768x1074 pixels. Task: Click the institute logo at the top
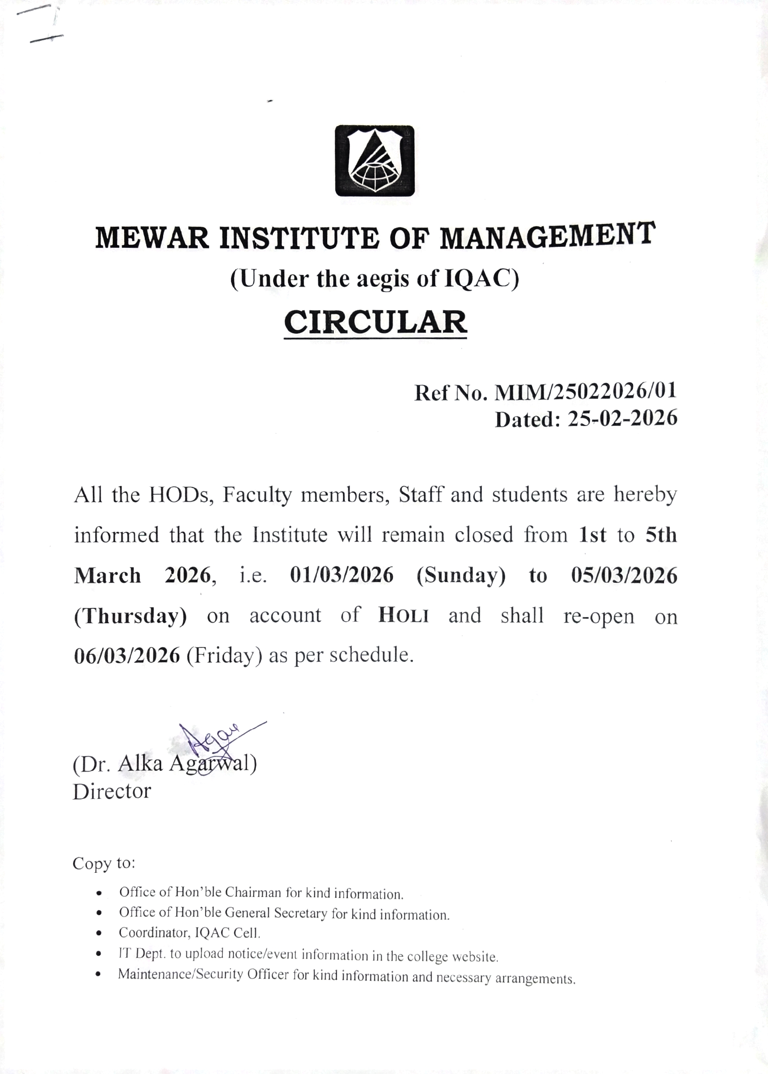click(374, 161)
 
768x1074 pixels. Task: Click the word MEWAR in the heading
click(152, 238)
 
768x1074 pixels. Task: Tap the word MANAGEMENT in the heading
click(547, 235)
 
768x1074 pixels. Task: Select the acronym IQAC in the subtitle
click(478, 279)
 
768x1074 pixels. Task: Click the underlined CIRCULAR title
click(376, 322)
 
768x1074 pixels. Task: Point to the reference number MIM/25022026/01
click(586, 391)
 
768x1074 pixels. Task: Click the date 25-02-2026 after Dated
click(623, 418)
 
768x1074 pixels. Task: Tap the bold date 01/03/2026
click(341, 575)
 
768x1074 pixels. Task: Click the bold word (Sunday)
click(461, 575)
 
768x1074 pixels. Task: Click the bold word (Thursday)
click(130, 616)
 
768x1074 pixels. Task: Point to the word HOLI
click(404, 615)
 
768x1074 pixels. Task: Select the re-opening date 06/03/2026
click(127, 655)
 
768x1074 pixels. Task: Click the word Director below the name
click(112, 791)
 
